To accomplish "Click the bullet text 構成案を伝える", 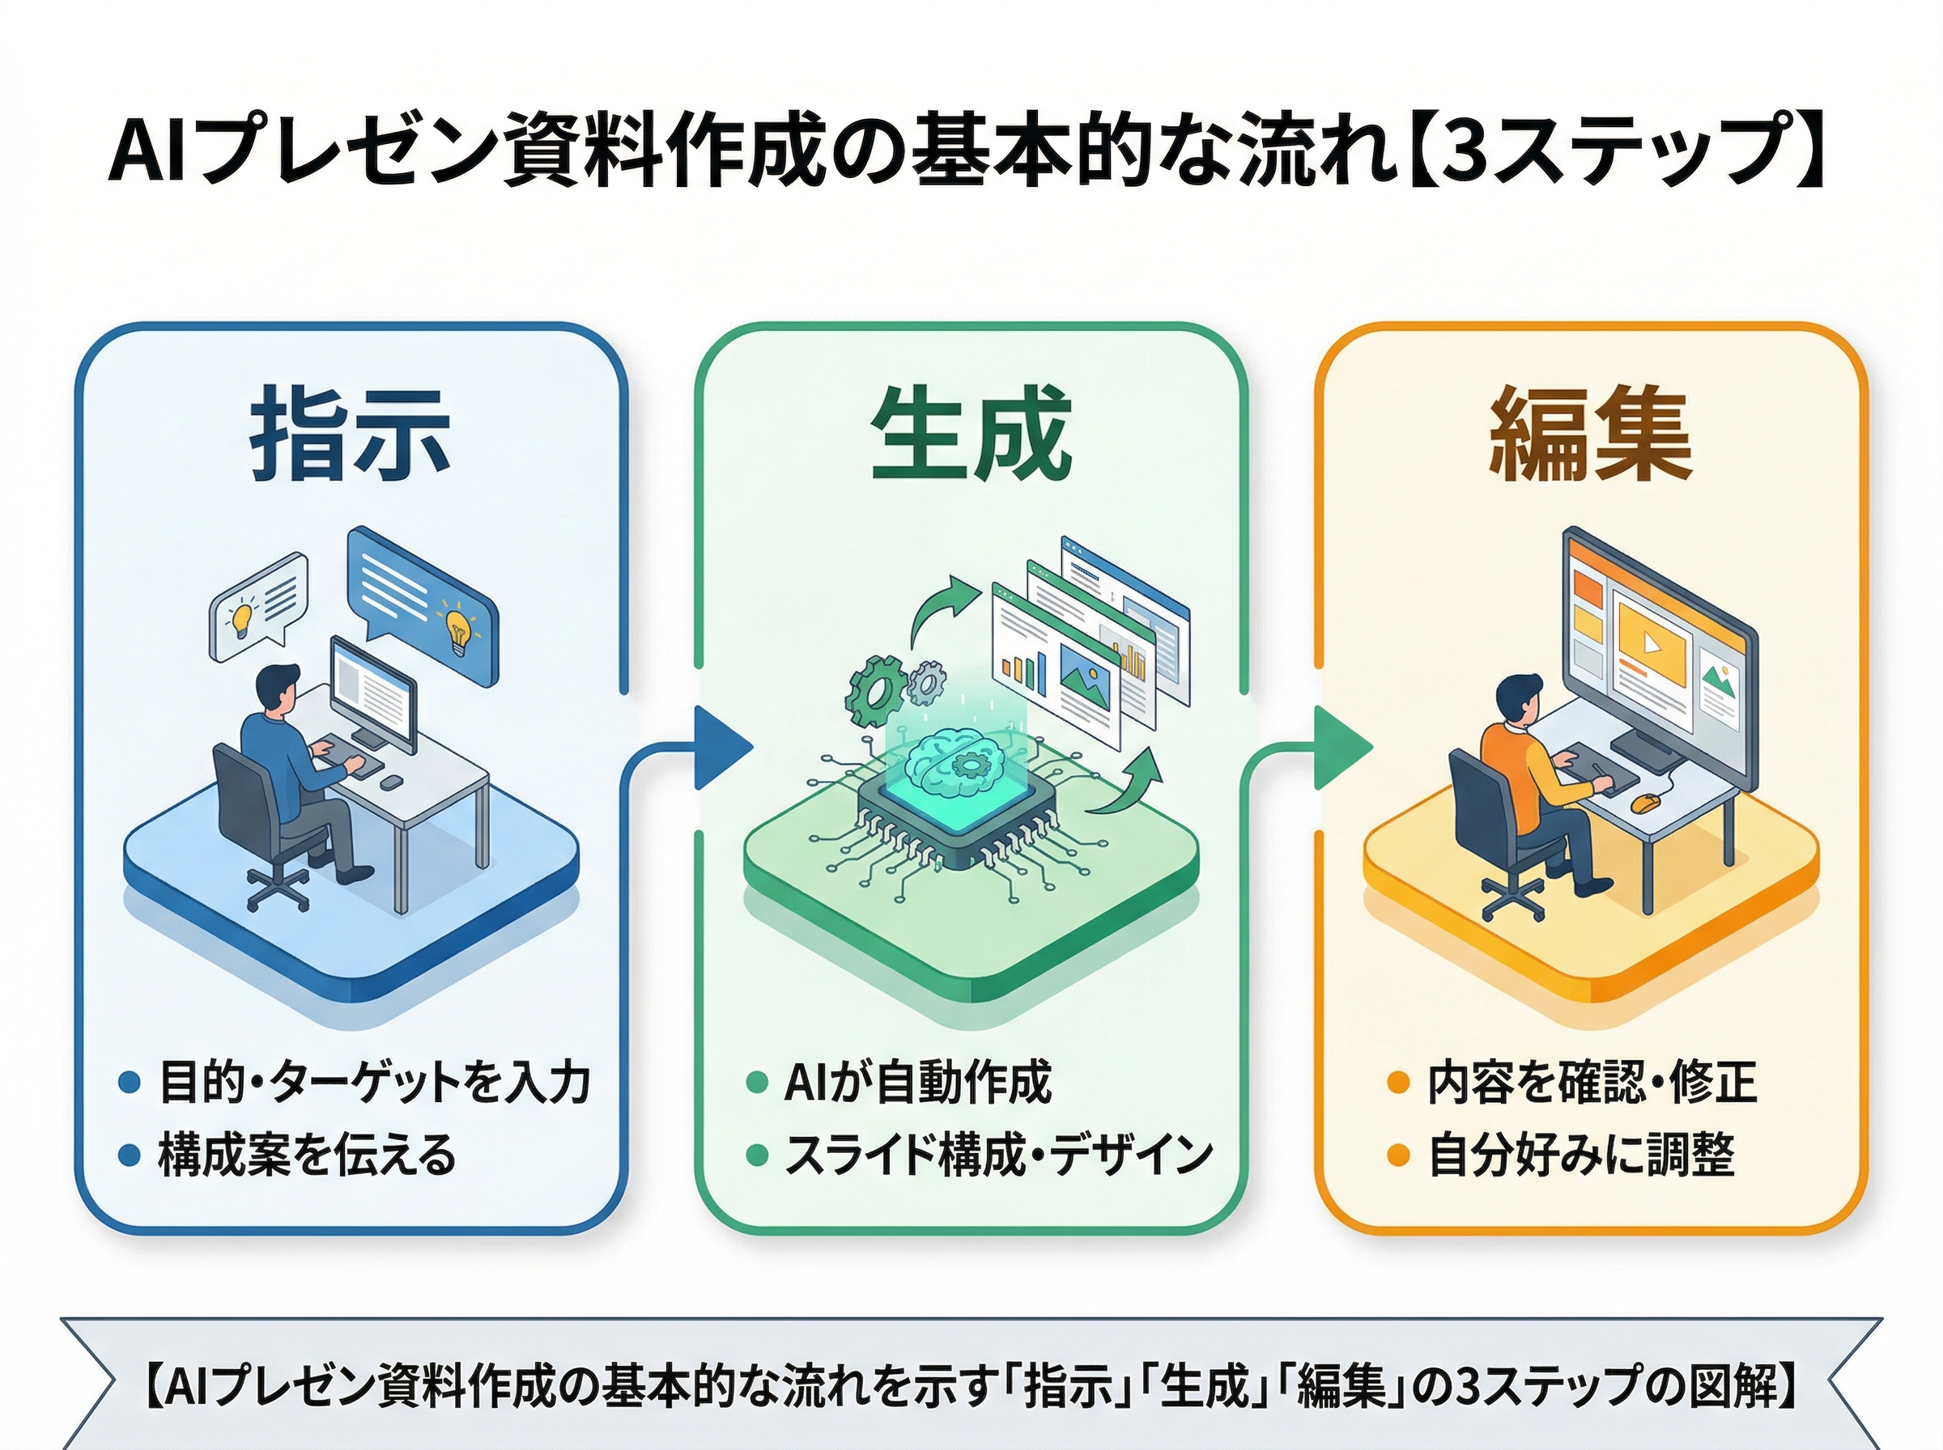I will [x=308, y=1155].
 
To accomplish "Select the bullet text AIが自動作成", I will [x=917, y=1082].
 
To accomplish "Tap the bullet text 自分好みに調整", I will [x=1580, y=1155].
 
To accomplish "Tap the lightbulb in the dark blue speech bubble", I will [x=457, y=629].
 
